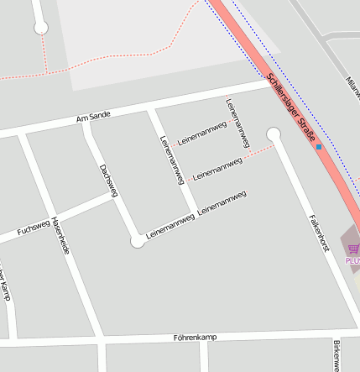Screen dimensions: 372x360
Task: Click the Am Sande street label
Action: tap(93, 117)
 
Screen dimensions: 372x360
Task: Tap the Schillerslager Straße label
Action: tap(291, 107)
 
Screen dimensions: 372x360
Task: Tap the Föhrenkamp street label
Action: tap(196, 338)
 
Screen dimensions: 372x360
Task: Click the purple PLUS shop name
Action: tap(352, 260)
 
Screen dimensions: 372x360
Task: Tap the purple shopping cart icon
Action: tap(353, 249)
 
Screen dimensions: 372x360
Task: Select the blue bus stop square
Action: tap(319, 147)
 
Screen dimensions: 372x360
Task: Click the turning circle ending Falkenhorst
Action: tap(273, 134)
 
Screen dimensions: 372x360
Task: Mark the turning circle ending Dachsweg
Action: tap(138, 242)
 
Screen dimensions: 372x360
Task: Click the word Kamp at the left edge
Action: tap(5, 289)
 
